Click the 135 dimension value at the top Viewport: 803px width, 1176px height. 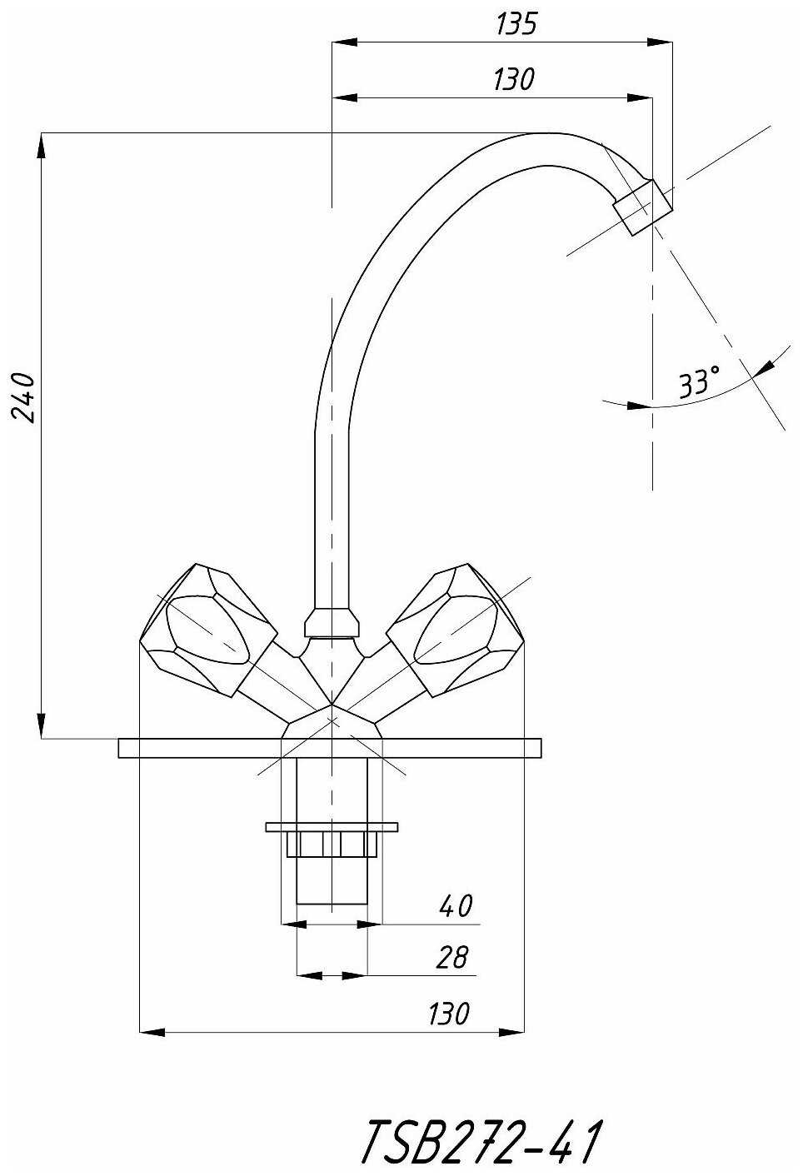(x=517, y=24)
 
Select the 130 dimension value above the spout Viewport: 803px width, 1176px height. (x=513, y=80)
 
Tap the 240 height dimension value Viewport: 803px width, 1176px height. (x=24, y=398)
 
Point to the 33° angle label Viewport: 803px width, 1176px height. (x=698, y=382)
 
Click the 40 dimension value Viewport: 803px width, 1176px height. (x=456, y=905)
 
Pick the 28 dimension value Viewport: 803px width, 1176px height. (x=452, y=958)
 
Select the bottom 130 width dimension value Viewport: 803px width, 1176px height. (x=449, y=1014)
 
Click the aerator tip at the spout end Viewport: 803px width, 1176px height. (x=643, y=207)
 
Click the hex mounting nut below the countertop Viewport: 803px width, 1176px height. (x=332, y=844)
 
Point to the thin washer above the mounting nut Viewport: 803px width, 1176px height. (x=332, y=827)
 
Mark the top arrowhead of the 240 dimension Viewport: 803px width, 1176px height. (x=41, y=143)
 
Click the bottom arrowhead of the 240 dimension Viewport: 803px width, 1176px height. (x=41, y=727)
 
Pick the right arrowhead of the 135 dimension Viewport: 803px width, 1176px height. (x=663, y=41)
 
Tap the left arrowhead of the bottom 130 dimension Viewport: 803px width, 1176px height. (x=149, y=1033)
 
